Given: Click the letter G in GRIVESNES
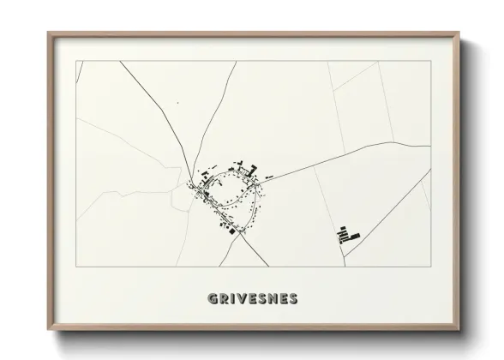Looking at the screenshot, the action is pyautogui.click(x=212, y=299).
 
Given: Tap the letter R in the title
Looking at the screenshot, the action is pyautogui.click(x=223, y=299).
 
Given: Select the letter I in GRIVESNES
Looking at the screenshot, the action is pyautogui.click(x=232, y=299).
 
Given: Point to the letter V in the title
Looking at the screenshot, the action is pyautogui.click(x=242, y=299).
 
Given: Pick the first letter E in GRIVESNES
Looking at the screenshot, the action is pyautogui.click(x=253, y=299).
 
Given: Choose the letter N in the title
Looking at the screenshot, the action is pyautogui.click(x=273, y=299).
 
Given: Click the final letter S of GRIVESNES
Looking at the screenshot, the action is pyautogui.click(x=294, y=299).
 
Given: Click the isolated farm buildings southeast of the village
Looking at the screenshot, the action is pyautogui.click(x=348, y=233).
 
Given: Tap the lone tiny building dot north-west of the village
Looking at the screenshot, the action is pyautogui.click(x=177, y=104).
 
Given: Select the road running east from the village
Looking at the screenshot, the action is pyautogui.click(x=343, y=159).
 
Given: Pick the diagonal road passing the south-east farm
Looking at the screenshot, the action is pyautogui.click(x=386, y=210).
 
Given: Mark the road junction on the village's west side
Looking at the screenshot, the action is pyautogui.click(x=192, y=183).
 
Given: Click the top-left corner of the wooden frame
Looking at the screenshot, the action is pyautogui.click(x=49, y=33).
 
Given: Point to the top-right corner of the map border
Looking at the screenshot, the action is pyautogui.click(x=430, y=61).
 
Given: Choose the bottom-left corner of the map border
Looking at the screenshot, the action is pyautogui.click(x=76, y=267).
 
